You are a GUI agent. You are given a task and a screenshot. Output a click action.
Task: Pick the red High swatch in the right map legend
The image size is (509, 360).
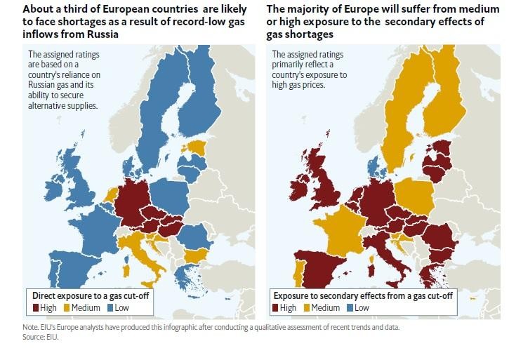click(x=276, y=307)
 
